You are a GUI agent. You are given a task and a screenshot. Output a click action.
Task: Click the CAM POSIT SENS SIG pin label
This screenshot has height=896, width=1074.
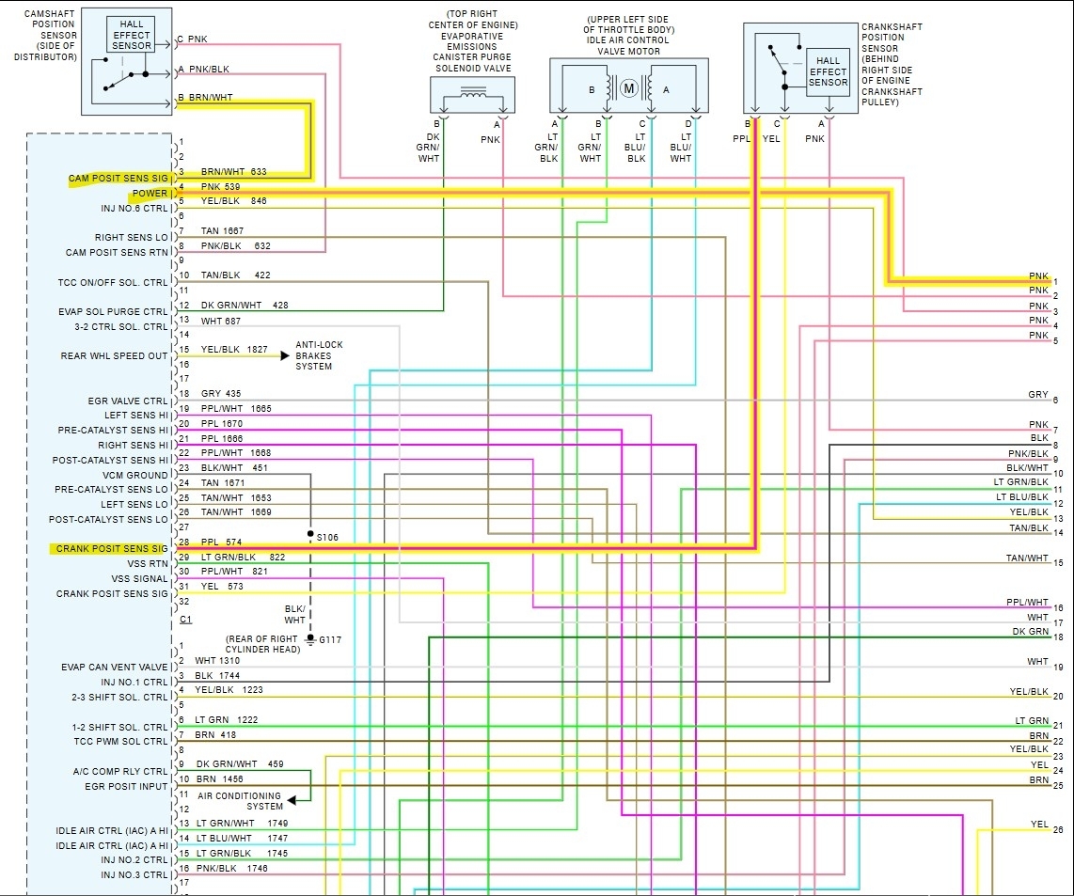[118, 179]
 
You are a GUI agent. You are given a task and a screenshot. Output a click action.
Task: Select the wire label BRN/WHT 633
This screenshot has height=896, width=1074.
[233, 172]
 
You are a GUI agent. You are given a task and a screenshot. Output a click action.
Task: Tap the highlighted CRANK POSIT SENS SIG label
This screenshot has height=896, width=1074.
[111, 548]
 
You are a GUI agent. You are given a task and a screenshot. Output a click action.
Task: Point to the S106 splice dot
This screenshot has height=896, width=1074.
[310, 534]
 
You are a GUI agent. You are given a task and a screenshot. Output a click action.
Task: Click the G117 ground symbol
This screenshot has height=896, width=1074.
[310, 640]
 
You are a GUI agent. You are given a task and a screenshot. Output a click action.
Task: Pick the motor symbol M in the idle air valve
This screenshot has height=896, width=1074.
[628, 89]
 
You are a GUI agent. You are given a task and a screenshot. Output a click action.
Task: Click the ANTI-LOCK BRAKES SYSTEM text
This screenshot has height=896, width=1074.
[319, 355]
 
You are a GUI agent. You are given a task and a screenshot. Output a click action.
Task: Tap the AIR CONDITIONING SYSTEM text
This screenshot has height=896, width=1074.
[251, 801]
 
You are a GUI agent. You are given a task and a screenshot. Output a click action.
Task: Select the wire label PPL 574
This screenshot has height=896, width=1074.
[221, 542]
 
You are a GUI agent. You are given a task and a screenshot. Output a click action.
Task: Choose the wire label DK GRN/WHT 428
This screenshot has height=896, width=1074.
[243, 305]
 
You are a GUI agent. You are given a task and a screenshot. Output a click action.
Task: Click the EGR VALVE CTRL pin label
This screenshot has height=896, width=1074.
[128, 401]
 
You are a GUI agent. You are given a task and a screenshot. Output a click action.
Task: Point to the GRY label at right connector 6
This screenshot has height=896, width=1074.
[1037, 395]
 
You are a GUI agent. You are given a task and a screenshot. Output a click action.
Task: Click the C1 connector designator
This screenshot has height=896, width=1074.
[185, 620]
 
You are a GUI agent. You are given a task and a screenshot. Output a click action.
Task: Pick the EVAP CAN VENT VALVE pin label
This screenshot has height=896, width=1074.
[115, 668]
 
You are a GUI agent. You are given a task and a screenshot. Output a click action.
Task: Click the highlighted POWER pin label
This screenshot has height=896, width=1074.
[150, 194]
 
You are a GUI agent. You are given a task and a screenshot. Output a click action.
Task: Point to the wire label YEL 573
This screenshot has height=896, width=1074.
[222, 587]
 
